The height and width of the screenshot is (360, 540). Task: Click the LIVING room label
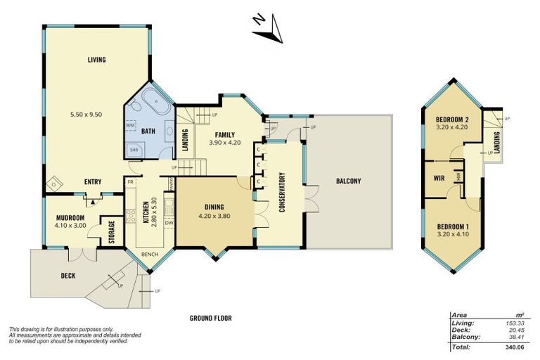tap(96, 60)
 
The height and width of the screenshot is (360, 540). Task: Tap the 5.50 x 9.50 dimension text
tap(96, 114)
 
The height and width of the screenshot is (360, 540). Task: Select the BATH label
tap(148, 131)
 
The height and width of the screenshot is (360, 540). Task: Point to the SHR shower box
tap(133, 149)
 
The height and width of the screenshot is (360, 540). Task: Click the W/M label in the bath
tap(131, 125)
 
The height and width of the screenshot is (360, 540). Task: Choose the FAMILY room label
tap(225, 134)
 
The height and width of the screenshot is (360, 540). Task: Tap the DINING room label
tap(214, 207)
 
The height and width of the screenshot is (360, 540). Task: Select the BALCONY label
tap(348, 181)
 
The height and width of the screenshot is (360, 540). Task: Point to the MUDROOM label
tap(70, 217)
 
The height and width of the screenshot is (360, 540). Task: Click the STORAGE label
tap(112, 233)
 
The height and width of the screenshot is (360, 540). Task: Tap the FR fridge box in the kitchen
tap(131, 182)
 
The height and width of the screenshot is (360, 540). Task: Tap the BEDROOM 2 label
tap(452, 120)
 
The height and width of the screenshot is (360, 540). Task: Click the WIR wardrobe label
tap(439, 177)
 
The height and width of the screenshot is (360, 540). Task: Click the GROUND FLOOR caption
tap(210, 318)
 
